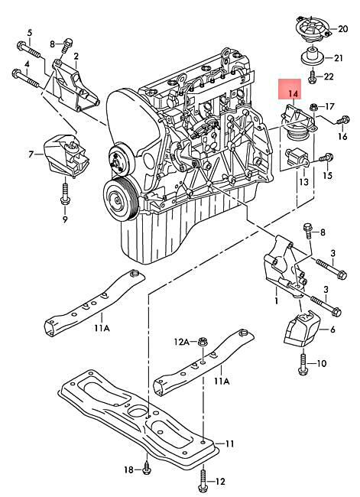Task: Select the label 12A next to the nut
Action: [180, 341]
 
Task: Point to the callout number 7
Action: [32, 154]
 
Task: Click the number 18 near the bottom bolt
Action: [128, 469]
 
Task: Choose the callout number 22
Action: [329, 76]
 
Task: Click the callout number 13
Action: [303, 182]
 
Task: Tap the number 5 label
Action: [30, 32]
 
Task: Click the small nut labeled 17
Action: [314, 106]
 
